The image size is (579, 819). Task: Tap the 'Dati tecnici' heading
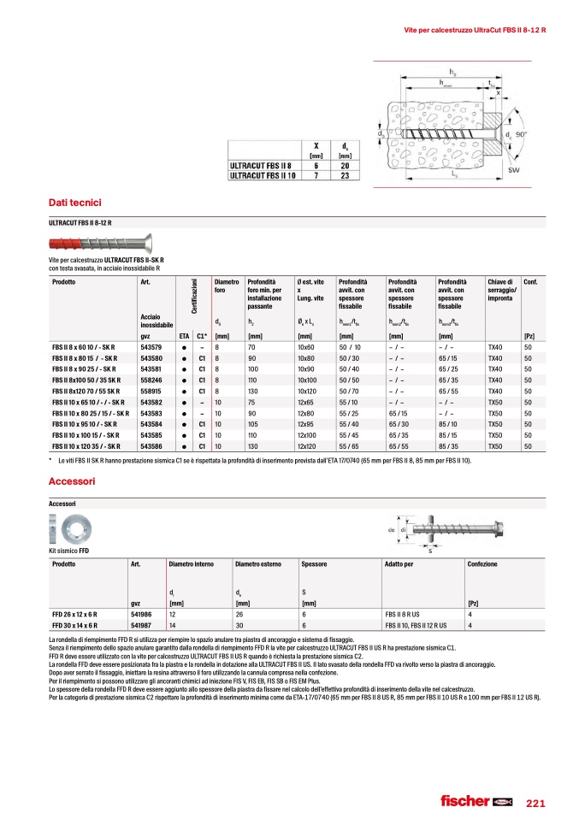pos(75,203)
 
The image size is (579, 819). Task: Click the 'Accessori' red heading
pos(74,481)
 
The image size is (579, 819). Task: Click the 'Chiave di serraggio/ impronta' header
pos(501,290)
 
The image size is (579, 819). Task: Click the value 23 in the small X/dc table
pos(345,175)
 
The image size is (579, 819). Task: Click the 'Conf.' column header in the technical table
pos(529,281)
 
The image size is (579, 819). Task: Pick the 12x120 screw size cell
pos(306,445)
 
